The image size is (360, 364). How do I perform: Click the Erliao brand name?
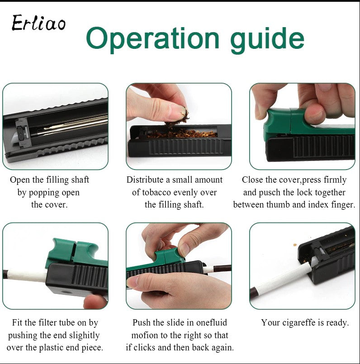38,23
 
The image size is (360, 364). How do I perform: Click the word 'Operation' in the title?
152,38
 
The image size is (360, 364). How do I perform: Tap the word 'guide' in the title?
267,40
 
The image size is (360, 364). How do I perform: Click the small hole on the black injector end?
65,292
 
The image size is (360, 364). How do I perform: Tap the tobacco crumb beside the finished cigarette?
295,245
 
